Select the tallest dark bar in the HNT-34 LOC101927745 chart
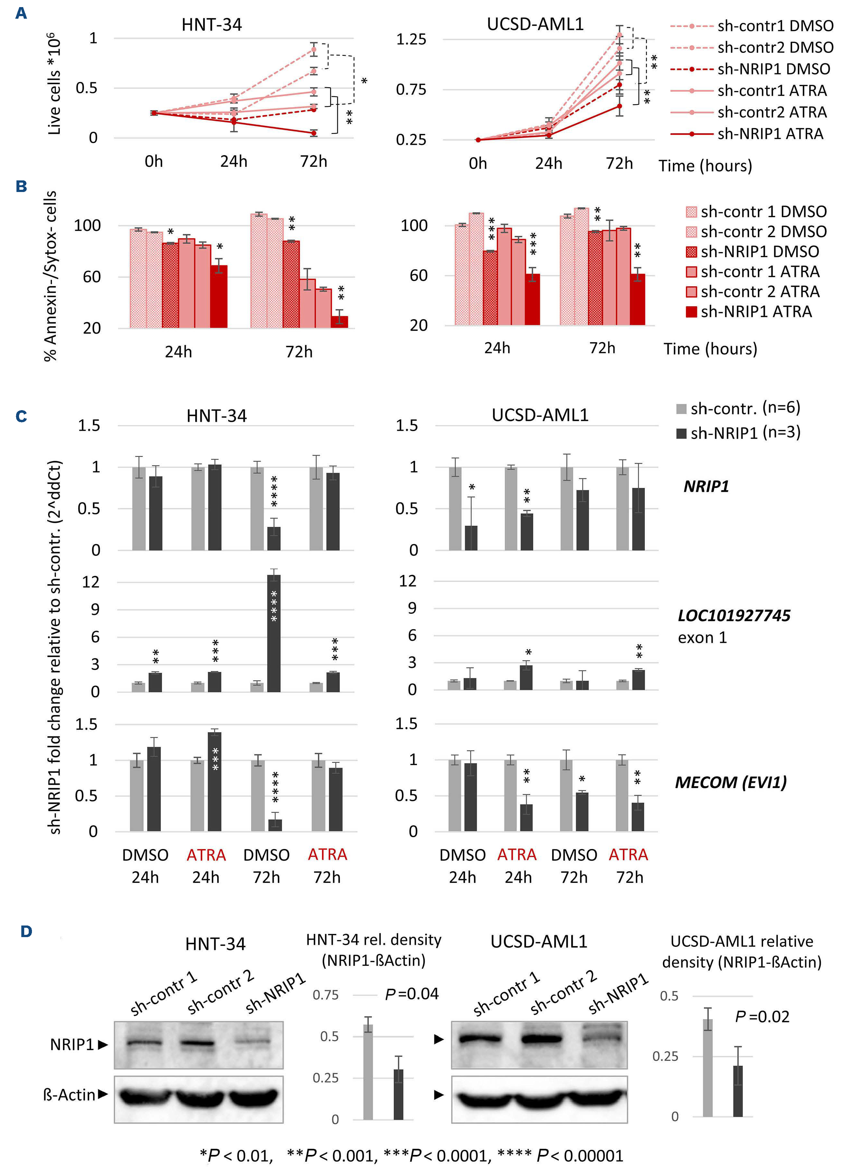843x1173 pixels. click(x=274, y=633)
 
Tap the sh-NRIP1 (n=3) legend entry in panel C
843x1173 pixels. click(x=738, y=433)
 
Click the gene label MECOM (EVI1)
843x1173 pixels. click(x=730, y=783)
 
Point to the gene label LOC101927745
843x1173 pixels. click(x=733, y=615)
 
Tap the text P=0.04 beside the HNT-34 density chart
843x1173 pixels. click(x=412, y=994)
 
